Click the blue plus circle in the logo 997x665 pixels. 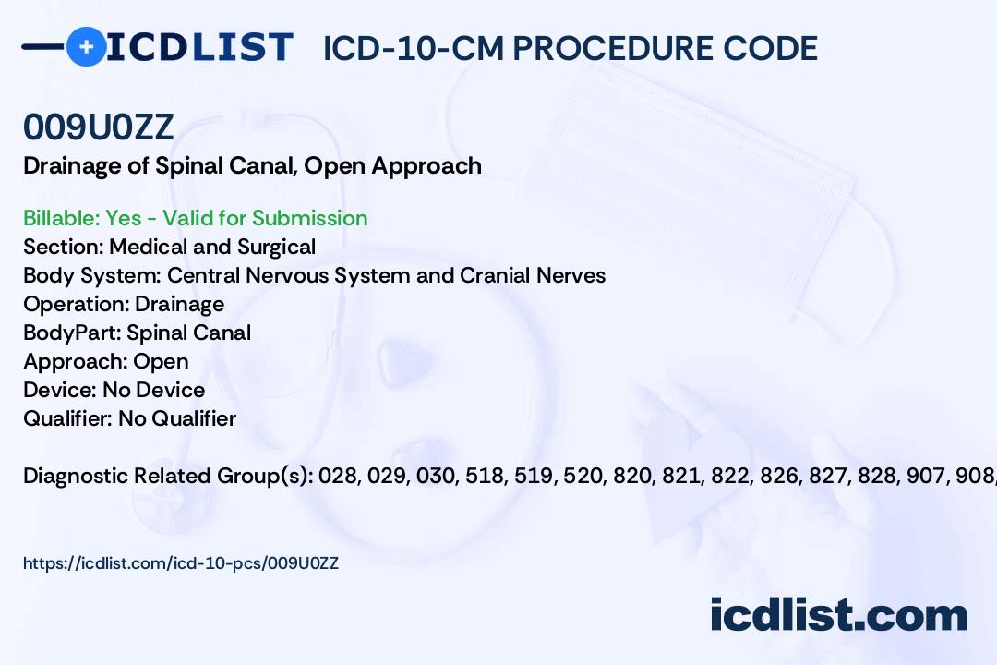[x=86, y=46]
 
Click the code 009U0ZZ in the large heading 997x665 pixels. [x=99, y=127]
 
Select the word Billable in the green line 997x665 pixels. [x=61, y=218]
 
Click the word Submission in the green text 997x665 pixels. [x=309, y=218]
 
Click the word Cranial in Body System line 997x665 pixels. [x=496, y=275]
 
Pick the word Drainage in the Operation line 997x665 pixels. [x=179, y=304]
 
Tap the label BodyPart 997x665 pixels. [x=73, y=332]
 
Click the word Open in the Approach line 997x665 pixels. [x=161, y=361]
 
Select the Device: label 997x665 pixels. [x=60, y=390]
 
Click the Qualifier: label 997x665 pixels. [x=68, y=418]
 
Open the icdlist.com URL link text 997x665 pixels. [x=181, y=563]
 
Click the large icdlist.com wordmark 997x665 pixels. [x=838, y=615]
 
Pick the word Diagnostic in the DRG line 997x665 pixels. [x=76, y=476]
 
